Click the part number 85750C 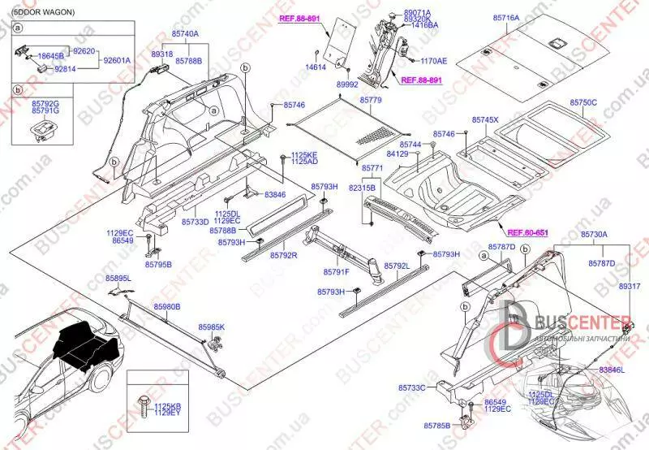(x=583, y=102)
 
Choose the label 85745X (x=486, y=119)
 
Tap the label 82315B (x=363, y=187)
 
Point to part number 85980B (x=167, y=306)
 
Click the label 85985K (x=212, y=327)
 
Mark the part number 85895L (x=118, y=279)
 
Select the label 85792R (x=284, y=255)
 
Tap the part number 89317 (x=630, y=287)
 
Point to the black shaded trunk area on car (x=81, y=341)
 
